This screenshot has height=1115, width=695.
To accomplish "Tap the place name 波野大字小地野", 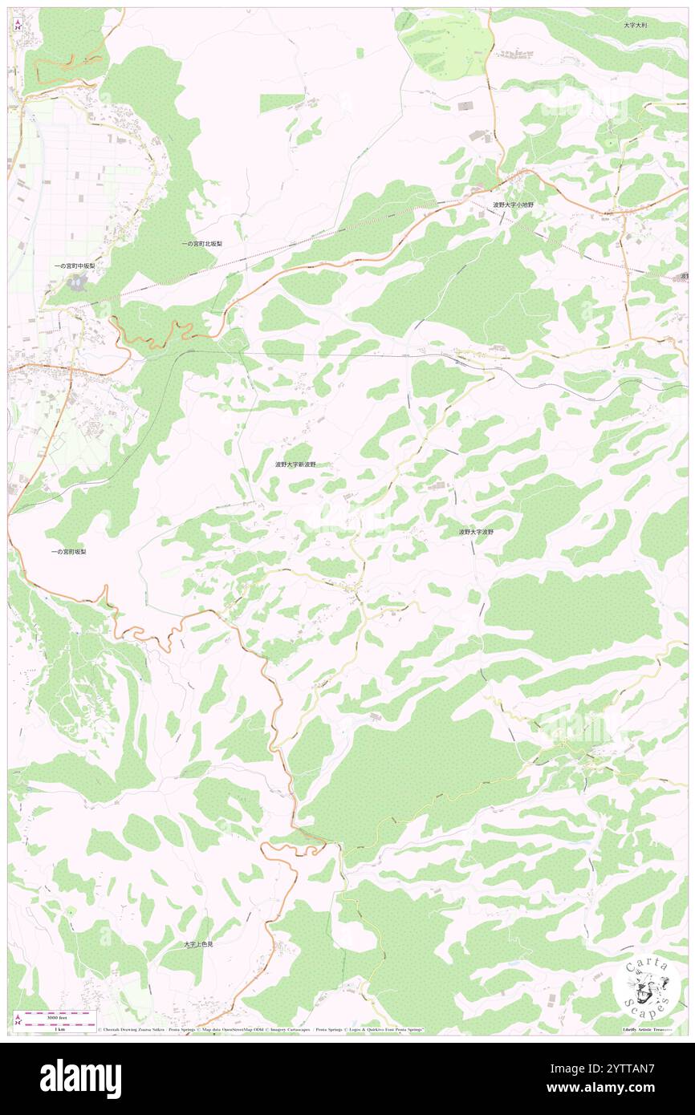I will [x=513, y=205].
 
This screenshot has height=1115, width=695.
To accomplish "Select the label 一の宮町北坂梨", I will [x=201, y=243].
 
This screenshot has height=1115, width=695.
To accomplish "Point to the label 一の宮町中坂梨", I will [x=75, y=266].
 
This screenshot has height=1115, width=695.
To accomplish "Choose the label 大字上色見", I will [x=199, y=944].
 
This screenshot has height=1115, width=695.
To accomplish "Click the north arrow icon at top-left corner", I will [x=18, y=24].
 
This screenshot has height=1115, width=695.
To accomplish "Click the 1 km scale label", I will [x=59, y=1029].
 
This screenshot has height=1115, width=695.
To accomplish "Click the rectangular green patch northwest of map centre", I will [x=282, y=103].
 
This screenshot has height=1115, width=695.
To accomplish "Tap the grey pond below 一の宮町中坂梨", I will [x=78, y=282].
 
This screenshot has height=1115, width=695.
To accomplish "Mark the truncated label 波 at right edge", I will [x=685, y=276].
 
